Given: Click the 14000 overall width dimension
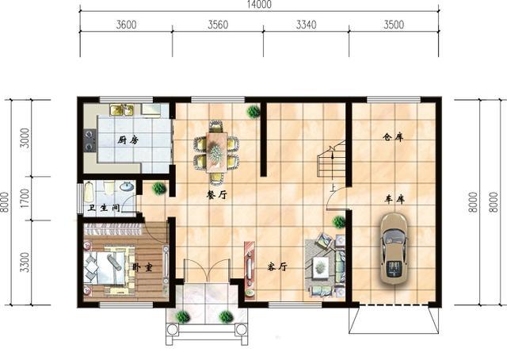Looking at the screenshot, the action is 259,4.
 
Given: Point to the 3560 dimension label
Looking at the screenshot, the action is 218,25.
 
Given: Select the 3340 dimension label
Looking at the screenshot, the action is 307,25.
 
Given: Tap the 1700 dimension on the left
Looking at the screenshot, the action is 25,198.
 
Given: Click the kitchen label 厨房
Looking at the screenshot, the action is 128,140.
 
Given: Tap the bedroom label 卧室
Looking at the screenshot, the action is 143,267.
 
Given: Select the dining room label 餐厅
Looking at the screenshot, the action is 217,195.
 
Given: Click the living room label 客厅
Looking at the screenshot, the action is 277,266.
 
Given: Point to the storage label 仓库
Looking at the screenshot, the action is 393,137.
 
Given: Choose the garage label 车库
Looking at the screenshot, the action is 395,199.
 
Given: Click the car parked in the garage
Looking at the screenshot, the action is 394,249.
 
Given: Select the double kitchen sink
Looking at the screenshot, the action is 122,109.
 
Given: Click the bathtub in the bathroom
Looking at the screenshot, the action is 89,193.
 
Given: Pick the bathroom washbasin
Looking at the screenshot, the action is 127,186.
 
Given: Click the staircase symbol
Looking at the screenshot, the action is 332,159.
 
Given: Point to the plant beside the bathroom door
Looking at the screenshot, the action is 158,188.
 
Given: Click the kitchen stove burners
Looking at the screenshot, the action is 90,140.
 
